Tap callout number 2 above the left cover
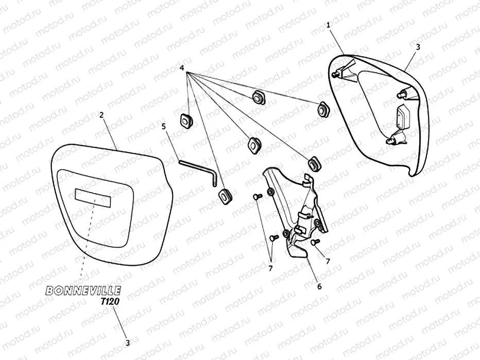101,115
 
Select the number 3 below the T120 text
128,341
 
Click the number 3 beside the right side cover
418,46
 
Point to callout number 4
182,67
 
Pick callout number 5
164,126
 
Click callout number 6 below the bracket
319,286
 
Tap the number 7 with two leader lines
270,268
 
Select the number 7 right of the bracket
328,261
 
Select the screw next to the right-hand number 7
316,241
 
